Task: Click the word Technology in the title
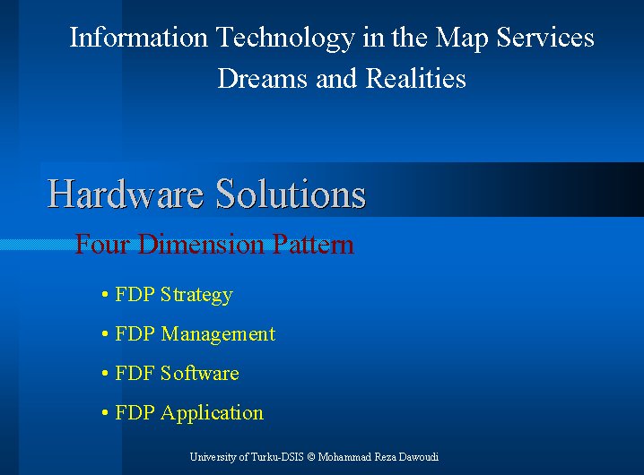point(285,39)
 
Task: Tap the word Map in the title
point(462,39)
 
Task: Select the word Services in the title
point(545,38)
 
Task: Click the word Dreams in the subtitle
point(263,78)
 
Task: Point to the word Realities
point(415,78)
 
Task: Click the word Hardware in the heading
point(126,194)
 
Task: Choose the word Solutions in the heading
point(291,194)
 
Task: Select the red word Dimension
point(200,244)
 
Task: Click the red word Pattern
point(313,244)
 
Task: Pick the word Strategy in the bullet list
point(196,295)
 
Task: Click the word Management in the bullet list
point(218,334)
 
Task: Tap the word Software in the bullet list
point(200,373)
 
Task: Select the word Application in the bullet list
point(212,413)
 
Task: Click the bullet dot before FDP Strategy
point(105,295)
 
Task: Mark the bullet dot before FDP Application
point(105,412)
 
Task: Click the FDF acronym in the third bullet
point(135,373)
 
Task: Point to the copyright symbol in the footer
point(311,457)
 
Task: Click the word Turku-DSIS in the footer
point(277,456)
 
